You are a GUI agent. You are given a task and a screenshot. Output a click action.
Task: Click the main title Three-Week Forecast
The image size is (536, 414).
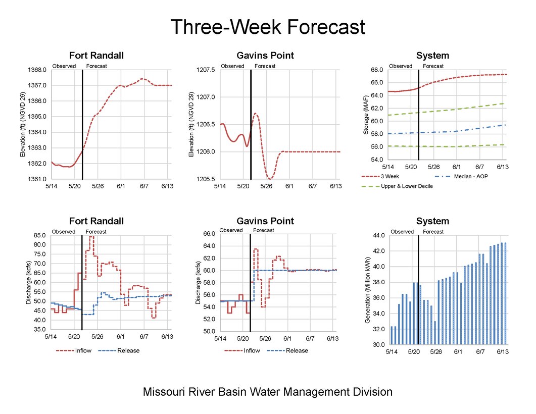pyautogui.click(x=267, y=27)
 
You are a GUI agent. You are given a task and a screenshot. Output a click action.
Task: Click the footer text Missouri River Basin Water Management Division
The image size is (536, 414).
pyautogui.click(x=267, y=392)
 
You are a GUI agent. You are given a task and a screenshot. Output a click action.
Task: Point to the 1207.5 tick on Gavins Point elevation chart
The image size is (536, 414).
pyautogui.click(x=207, y=70)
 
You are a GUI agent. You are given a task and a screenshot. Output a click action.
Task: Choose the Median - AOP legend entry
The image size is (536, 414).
pyautogui.click(x=454, y=177)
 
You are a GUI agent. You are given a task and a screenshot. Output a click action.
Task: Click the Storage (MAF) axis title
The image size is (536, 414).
pyautogui.click(x=366, y=116)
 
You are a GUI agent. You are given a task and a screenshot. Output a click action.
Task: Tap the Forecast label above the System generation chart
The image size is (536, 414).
pyautogui.click(x=433, y=232)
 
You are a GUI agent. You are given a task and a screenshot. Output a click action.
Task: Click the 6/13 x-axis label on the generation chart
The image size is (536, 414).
pyautogui.click(x=502, y=352)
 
